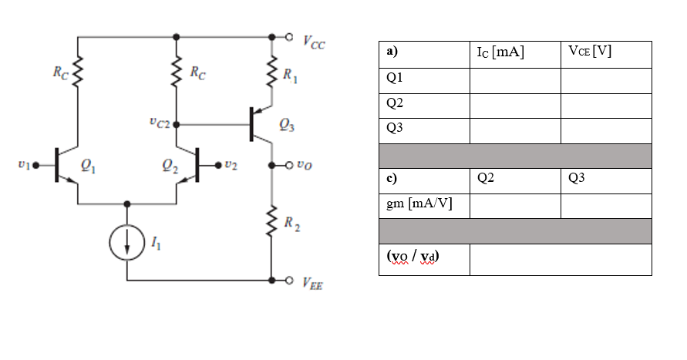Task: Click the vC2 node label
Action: (x=160, y=123)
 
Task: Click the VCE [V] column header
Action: (x=590, y=52)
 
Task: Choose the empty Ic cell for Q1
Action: (x=515, y=79)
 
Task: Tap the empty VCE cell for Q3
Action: (x=606, y=130)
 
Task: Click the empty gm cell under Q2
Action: (x=515, y=205)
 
